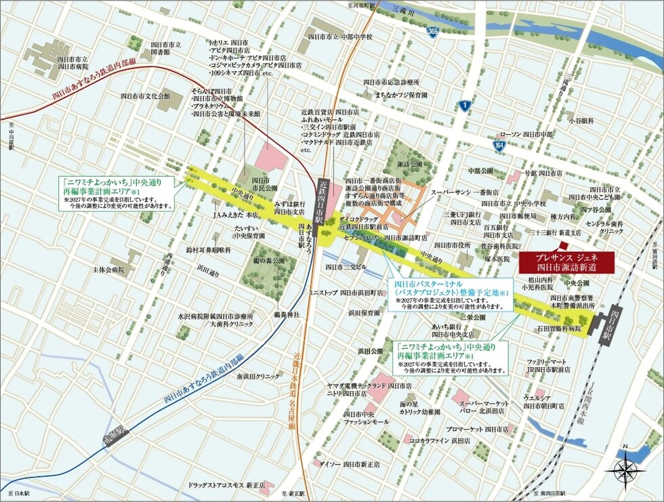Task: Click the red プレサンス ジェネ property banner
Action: [566, 262]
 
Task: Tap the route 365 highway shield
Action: [431, 32]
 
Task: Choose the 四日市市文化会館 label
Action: [146, 96]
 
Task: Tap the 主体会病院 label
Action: [109, 269]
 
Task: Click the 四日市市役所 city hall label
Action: [452, 245]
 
